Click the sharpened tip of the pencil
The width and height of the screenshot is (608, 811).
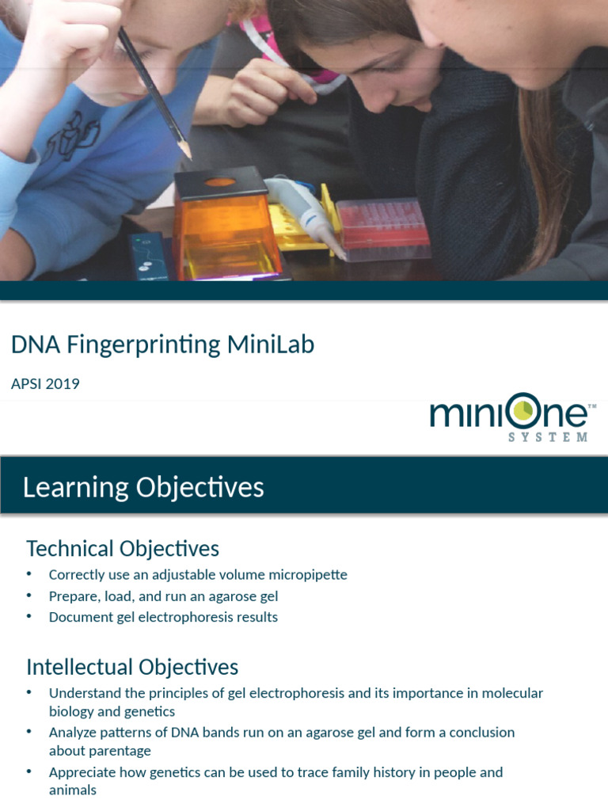tap(188, 155)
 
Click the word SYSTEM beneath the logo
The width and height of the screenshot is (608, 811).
tap(549, 437)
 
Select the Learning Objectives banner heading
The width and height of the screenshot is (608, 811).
tap(142, 487)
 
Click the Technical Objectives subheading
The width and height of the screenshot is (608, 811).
tap(123, 548)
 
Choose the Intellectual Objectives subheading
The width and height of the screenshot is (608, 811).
tap(132, 666)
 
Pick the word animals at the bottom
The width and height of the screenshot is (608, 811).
tap(73, 790)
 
